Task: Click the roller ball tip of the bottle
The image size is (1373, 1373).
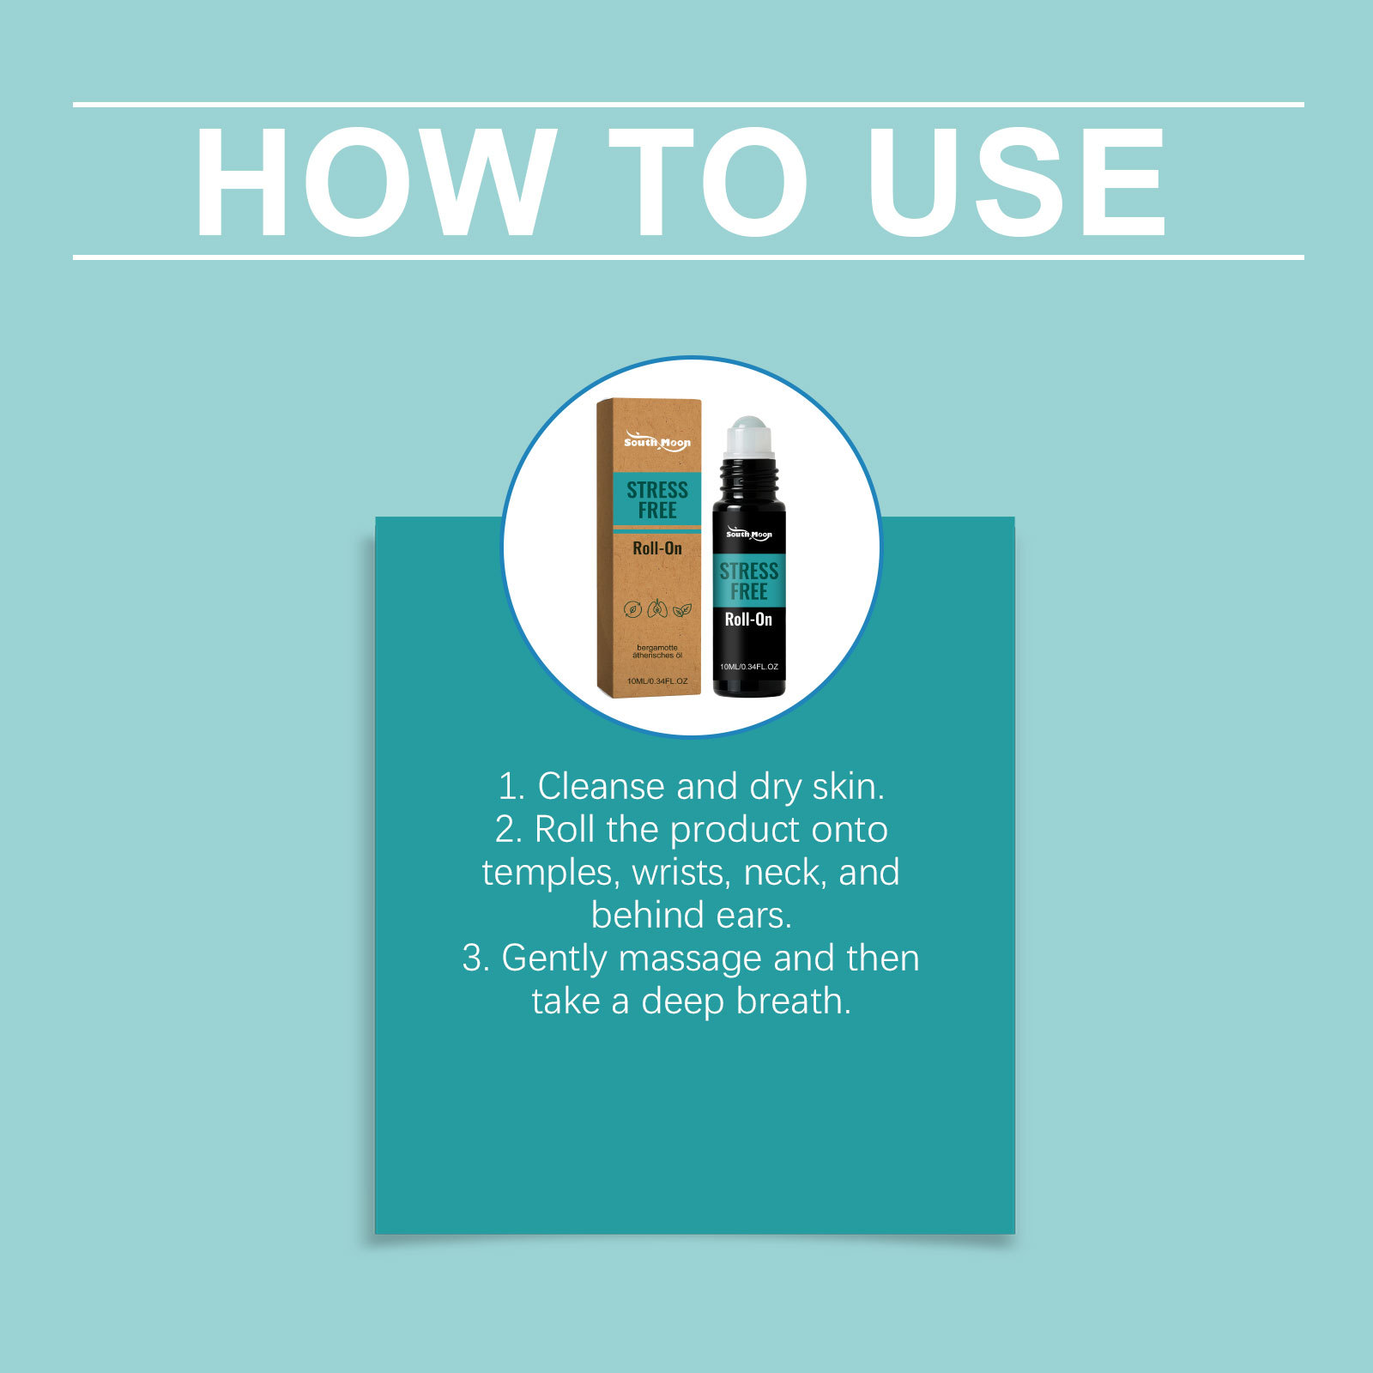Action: click(749, 426)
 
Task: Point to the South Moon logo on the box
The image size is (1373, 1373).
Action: click(657, 442)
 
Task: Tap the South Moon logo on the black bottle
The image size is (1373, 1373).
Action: click(749, 534)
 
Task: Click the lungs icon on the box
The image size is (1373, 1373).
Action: click(657, 609)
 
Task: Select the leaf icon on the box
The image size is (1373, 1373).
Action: click(682, 610)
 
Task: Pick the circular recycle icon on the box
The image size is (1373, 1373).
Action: click(632, 609)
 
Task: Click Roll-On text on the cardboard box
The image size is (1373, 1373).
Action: click(657, 548)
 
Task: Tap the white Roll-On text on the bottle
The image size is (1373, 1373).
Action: click(748, 620)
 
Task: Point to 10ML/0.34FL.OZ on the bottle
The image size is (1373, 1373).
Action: click(749, 667)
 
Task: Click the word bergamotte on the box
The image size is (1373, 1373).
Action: click(657, 648)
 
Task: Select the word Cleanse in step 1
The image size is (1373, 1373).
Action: click(602, 786)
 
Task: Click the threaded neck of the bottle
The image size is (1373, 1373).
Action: click(749, 470)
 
